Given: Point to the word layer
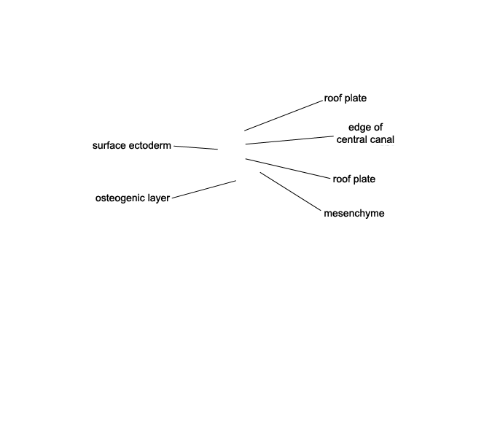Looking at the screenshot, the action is pos(159,198).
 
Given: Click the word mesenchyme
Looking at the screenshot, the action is pos(354,213).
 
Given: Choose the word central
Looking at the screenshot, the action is pos(351,139).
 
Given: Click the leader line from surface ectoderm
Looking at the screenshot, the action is pos(196,147).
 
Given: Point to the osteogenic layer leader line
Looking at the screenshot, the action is pos(204,190).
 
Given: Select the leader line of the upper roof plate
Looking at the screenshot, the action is pos(284,115).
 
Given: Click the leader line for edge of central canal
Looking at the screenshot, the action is pos(289,140).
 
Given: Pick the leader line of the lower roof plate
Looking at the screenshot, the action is pos(288,168).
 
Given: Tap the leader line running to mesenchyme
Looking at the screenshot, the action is pos(291,191).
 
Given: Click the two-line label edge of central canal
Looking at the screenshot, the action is pos(365,133).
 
